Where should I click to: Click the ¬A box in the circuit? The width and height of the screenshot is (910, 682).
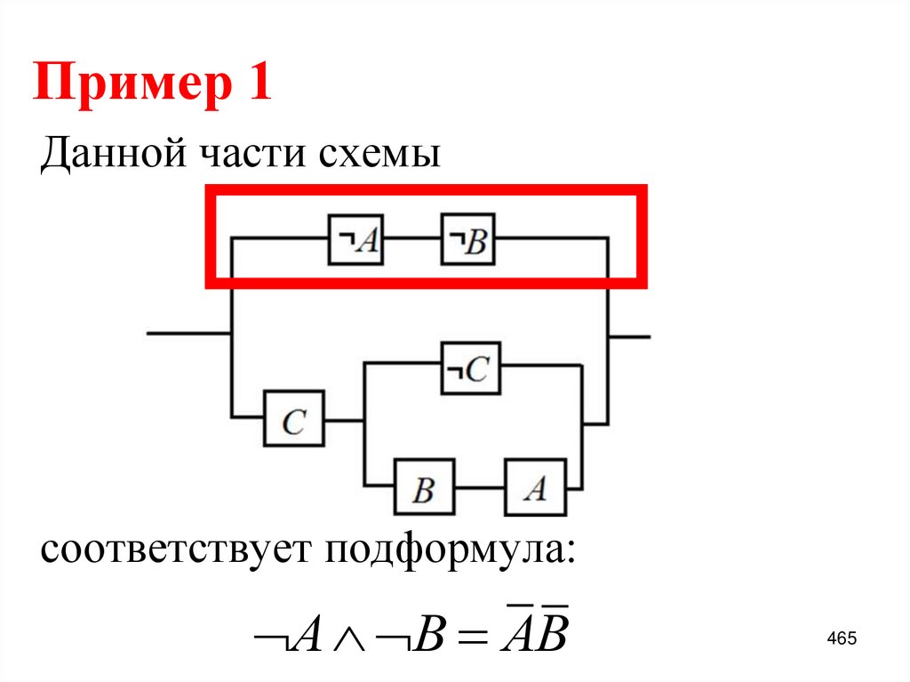point(355,239)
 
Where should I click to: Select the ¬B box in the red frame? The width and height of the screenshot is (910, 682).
point(468,239)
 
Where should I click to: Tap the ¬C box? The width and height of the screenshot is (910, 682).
point(471,368)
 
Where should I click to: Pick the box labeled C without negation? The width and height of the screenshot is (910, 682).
point(293,419)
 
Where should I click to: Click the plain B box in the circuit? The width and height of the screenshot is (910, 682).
point(425,487)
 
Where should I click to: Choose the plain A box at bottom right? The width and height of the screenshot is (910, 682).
point(534,486)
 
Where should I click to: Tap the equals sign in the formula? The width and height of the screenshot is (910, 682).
point(468,638)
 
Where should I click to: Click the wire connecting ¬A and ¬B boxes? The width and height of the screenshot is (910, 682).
point(412,239)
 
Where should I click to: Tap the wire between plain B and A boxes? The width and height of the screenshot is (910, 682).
point(480,487)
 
